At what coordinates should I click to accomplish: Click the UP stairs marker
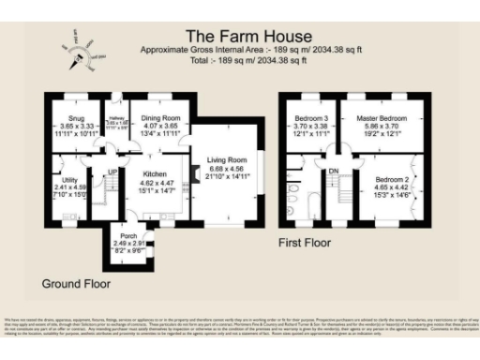click(112, 172)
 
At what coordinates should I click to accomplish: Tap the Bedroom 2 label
click(394, 179)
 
